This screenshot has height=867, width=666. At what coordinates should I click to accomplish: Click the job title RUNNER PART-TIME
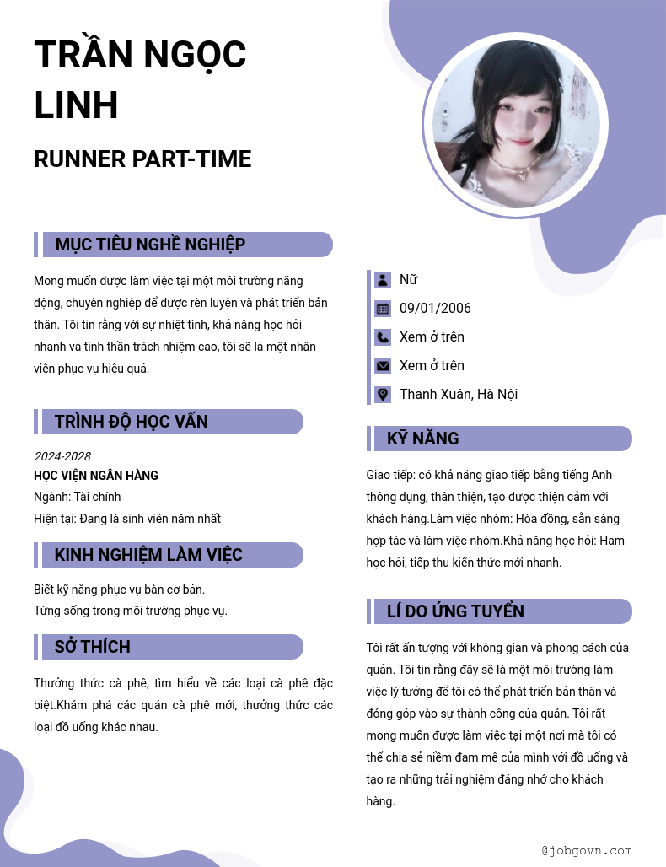click(x=142, y=159)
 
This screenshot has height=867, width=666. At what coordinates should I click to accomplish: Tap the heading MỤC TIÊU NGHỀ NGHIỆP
click(x=150, y=245)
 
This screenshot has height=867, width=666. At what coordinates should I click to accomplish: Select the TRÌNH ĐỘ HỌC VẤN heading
click(x=131, y=422)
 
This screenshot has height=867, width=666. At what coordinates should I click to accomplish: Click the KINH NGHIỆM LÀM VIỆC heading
click(x=148, y=555)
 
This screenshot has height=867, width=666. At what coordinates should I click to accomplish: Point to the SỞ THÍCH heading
click(x=92, y=647)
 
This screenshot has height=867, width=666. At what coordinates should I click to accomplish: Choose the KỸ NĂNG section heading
click(x=422, y=439)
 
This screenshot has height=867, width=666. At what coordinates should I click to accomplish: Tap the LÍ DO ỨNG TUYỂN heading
click(x=455, y=611)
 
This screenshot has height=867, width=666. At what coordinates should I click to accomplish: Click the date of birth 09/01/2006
click(x=435, y=309)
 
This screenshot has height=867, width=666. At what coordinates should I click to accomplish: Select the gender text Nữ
click(x=408, y=280)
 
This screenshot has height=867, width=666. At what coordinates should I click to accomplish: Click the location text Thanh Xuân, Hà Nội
click(x=458, y=395)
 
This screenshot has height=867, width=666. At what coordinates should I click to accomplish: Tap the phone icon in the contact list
click(x=383, y=337)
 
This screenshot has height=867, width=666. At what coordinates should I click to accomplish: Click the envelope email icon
click(x=383, y=366)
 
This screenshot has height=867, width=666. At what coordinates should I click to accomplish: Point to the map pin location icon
click(x=383, y=395)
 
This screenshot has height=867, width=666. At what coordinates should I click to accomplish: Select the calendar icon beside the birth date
click(x=383, y=309)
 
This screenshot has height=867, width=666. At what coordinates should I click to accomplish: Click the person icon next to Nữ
click(x=383, y=280)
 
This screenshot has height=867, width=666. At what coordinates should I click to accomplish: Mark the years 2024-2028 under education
click(x=62, y=456)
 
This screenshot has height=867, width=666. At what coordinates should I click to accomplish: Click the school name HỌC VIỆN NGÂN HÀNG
click(x=96, y=476)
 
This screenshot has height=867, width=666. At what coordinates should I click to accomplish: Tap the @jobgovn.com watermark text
click(x=587, y=851)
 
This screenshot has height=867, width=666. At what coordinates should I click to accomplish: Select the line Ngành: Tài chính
click(x=78, y=497)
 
